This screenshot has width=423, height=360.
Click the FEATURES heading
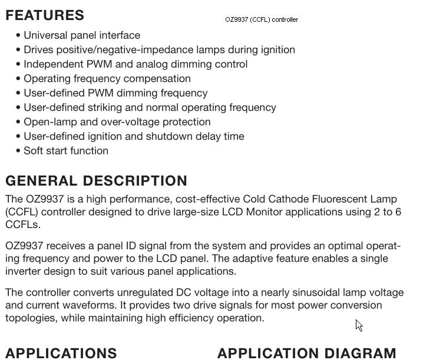pyautogui.click(x=45, y=15)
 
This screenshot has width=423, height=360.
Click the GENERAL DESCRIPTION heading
pyautogui.click(x=97, y=181)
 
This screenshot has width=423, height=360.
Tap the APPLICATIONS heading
pyautogui.click(x=61, y=353)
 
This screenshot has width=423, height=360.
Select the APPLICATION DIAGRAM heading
pyautogui.click(x=307, y=353)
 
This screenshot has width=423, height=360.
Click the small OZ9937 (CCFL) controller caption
pyautogui.click(x=262, y=19)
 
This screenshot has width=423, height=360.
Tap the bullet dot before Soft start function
pyautogui.click(x=19, y=151)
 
